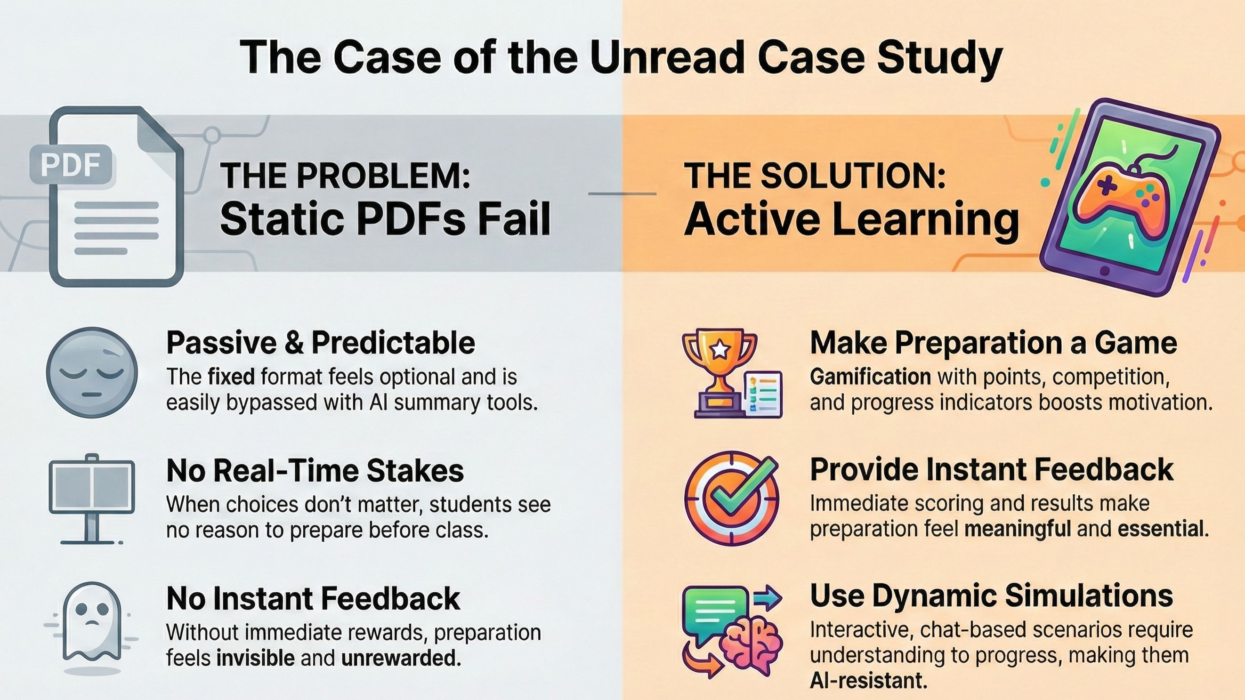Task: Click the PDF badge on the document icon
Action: (x=71, y=165)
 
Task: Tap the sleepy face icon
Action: (x=92, y=372)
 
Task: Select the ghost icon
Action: (x=92, y=623)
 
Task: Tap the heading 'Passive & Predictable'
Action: (x=321, y=343)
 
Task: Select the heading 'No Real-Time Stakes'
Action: (x=315, y=471)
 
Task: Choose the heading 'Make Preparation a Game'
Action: (x=993, y=343)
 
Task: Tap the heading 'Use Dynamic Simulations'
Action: (x=991, y=595)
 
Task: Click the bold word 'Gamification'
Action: (x=871, y=377)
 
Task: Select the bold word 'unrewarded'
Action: (x=399, y=658)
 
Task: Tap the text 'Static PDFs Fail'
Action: (x=385, y=218)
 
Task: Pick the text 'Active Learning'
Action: (x=852, y=219)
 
